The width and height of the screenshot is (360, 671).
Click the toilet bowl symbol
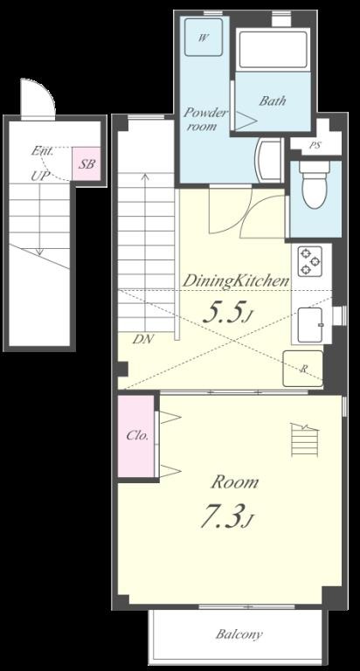click(x=315, y=185)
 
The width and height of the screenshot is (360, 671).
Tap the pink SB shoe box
click(x=86, y=164)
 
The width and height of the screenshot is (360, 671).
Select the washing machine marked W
click(x=204, y=38)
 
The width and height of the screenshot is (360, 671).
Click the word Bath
click(x=273, y=101)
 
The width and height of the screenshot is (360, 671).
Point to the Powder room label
click(x=204, y=120)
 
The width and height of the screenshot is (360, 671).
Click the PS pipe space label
click(x=315, y=146)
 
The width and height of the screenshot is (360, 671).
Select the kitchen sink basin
click(x=311, y=325)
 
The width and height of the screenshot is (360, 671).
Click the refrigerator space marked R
click(x=302, y=369)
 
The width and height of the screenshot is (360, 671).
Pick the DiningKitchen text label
click(x=236, y=280)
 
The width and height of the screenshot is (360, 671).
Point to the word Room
click(x=235, y=482)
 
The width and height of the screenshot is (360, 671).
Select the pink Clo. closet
click(x=136, y=436)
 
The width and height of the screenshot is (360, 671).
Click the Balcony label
click(x=239, y=633)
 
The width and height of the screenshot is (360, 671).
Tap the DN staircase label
click(x=142, y=340)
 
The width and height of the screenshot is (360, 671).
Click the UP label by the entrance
click(x=39, y=176)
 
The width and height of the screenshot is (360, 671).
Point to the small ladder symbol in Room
click(x=303, y=439)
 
